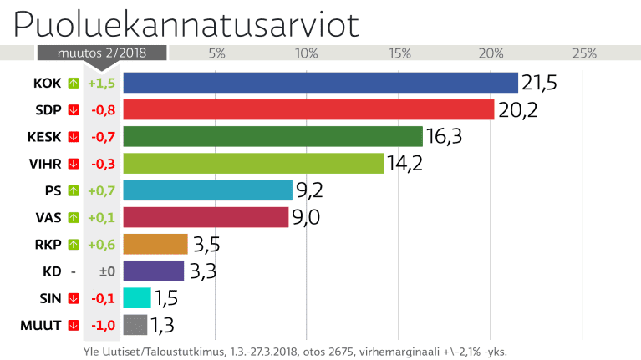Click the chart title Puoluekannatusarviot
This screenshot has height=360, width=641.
(x=186, y=25)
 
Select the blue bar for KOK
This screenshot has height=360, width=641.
(x=320, y=83)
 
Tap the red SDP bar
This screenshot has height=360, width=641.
(x=308, y=109)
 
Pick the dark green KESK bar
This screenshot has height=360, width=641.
(x=272, y=136)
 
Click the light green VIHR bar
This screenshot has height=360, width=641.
(x=253, y=163)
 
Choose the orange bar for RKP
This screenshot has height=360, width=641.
(x=155, y=244)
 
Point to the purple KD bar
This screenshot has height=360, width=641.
(x=153, y=271)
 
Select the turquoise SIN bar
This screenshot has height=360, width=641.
(x=136, y=298)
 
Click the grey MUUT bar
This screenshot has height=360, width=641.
(x=135, y=325)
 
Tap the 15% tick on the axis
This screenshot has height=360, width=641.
(x=399, y=54)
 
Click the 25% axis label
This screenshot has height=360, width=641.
(x=583, y=54)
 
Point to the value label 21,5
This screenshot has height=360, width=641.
(x=539, y=83)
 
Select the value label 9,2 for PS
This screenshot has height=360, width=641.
(x=309, y=190)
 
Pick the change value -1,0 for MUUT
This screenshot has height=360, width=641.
(x=102, y=325)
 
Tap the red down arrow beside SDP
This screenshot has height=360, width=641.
(x=74, y=109)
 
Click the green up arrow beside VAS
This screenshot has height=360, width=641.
(x=74, y=217)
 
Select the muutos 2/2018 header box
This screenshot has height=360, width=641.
(x=101, y=53)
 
